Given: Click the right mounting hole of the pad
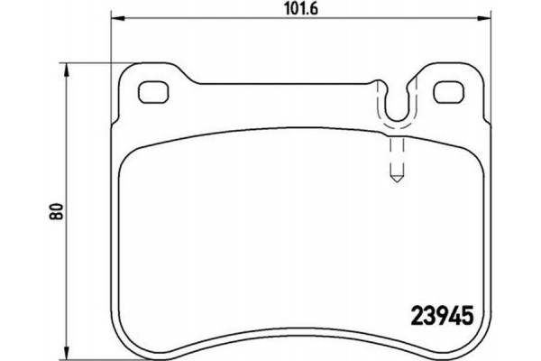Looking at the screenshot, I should pos(446,93).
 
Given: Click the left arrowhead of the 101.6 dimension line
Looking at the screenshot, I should pos(115,21).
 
